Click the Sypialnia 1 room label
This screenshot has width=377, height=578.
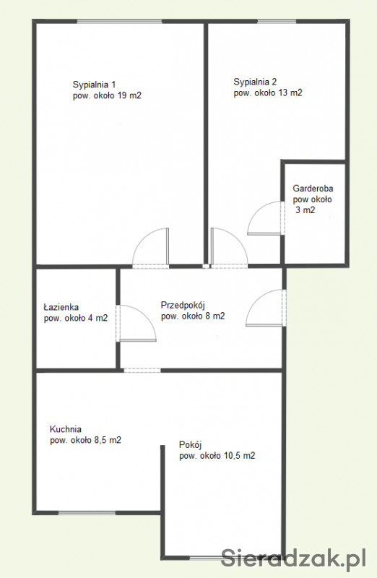pos(95,85)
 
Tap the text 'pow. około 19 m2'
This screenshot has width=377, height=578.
pos(107,96)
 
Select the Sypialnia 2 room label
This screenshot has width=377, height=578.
pos(255,82)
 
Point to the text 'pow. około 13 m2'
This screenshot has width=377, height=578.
pos(268,93)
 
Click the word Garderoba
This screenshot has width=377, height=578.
pos(313,189)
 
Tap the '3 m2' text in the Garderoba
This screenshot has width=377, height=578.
pos(305,210)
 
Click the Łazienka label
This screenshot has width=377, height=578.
pos(61,306)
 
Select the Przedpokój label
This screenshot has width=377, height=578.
pos(183,305)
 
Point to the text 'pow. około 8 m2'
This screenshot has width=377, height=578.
pos(193,316)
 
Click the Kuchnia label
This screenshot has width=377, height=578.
pos(66,429)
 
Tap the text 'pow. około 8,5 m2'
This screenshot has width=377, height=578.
pos(85,440)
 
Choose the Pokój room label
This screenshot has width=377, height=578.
pos(190,445)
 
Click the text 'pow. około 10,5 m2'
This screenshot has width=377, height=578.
pos(217,456)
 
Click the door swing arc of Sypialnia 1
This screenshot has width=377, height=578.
pos(142,239)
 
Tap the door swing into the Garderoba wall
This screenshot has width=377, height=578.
pos(258,210)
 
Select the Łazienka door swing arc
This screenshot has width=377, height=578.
pos(147,316)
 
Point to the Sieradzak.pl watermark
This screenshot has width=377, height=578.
pos(294,558)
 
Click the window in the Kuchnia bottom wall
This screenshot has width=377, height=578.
pos(87,513)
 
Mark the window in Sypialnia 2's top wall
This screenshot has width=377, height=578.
pos(277,22)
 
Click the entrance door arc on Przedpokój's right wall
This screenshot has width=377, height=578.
pos(256,299)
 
